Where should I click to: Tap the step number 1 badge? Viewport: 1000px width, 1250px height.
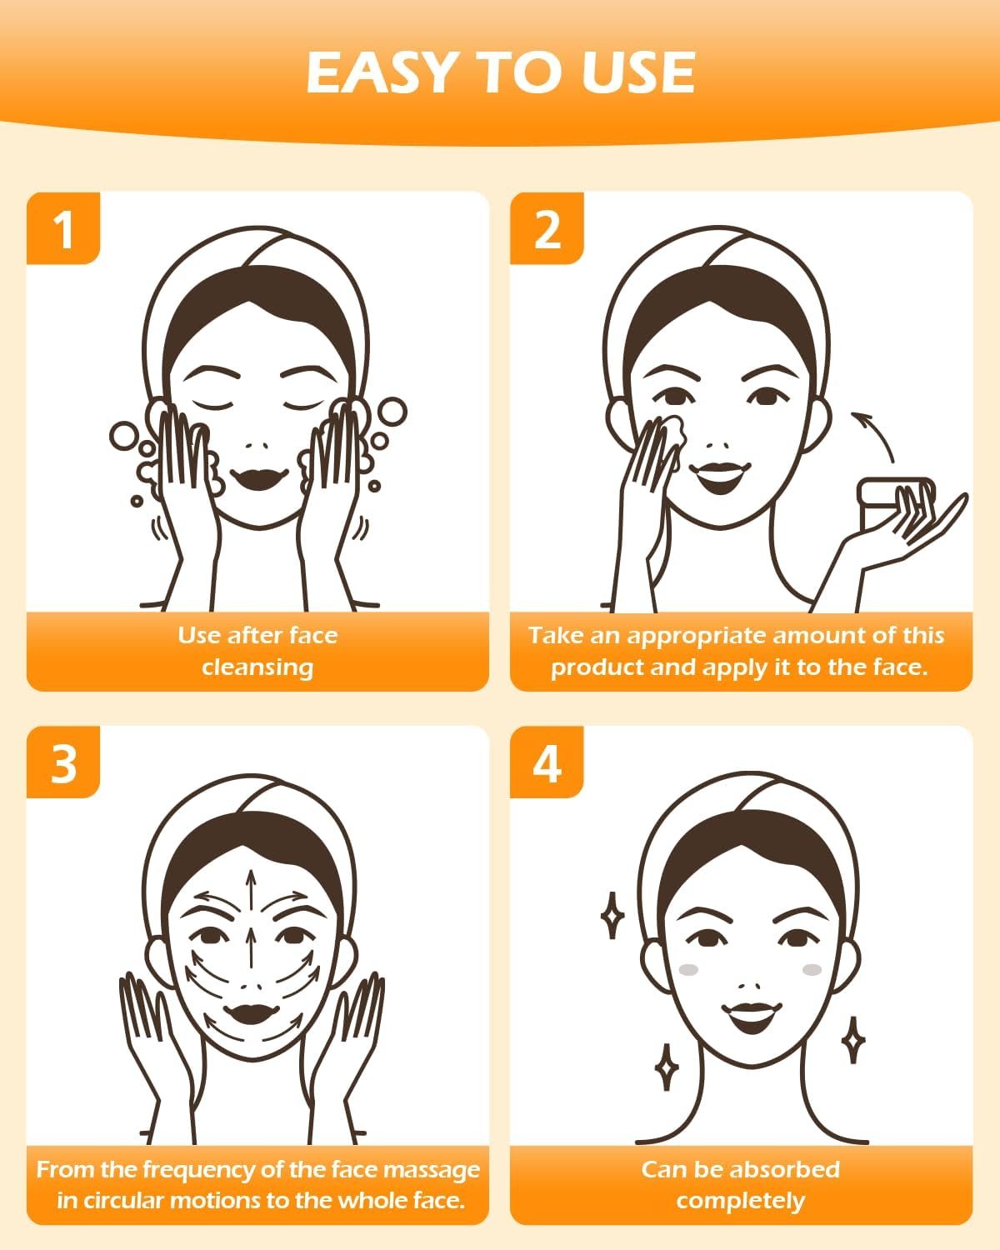coord(63,228)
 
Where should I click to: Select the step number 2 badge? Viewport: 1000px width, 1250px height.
coord(547,228)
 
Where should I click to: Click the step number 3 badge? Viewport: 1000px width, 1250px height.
coord(63,762)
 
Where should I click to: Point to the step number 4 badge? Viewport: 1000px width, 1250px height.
coord(547,762)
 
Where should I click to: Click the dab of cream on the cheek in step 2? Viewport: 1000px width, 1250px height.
coord(671,433)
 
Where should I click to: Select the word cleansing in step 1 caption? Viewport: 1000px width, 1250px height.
coord(257,667)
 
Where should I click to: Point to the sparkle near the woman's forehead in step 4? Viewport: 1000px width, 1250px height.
coord(612,915)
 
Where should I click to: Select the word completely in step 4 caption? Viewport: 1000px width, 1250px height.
coord(740,1201)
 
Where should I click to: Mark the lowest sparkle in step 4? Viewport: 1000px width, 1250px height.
coord(666,1067)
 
